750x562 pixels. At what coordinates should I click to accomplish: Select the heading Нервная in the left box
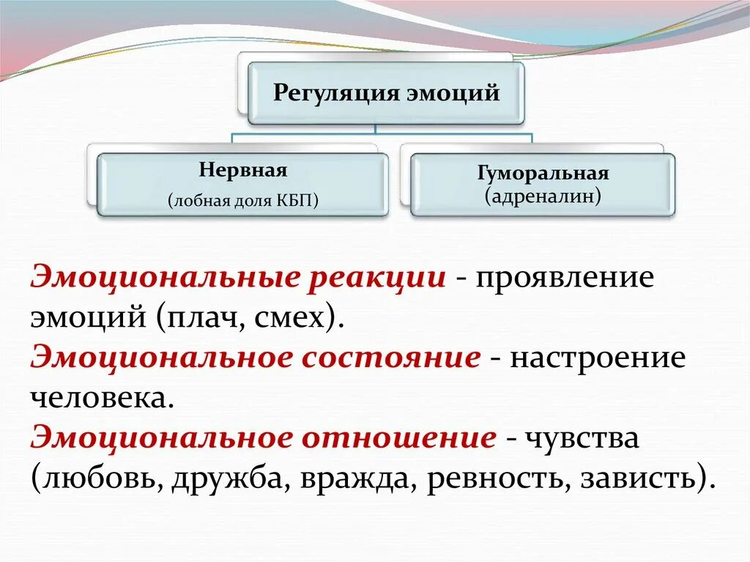click(x=242, y=171)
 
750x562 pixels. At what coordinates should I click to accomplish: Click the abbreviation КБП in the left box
click(x=296, y=201)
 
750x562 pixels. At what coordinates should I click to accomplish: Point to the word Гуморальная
click(x=543, y=174)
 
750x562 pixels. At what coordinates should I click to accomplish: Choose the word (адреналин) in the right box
click(x=543, y=196)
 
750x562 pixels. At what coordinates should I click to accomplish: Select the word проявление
click(x=563, y=281)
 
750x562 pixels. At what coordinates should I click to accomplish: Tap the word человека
click(x=103, y=399)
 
